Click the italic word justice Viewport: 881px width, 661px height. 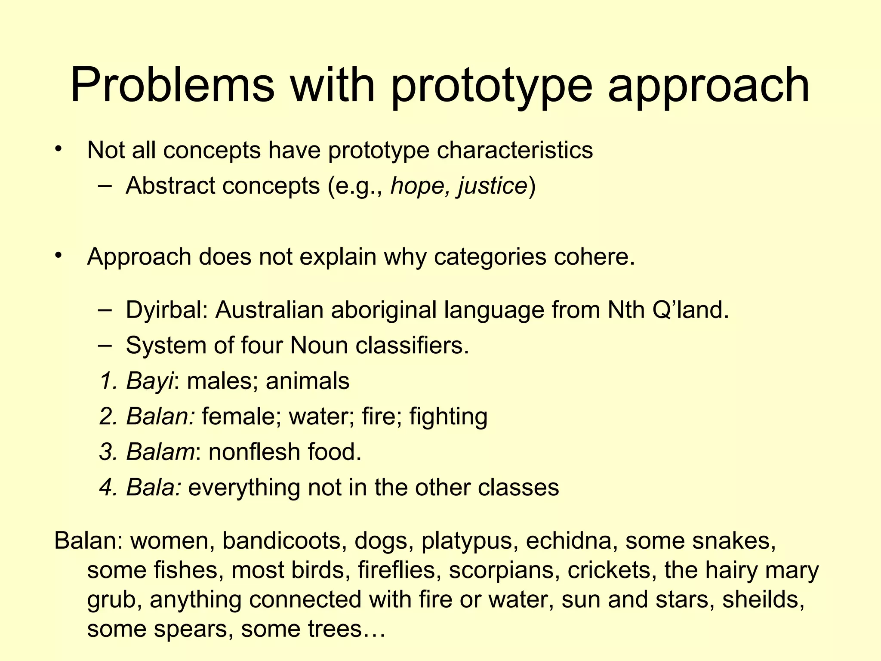(x=493, y=187)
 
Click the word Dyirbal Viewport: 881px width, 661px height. (x=167, y=310)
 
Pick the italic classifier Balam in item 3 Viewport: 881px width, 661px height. (x=160, y=452)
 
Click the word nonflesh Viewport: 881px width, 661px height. (x=254, y=452)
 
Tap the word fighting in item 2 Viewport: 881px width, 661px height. (x=448, y=417)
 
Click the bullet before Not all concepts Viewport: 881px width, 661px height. (x=59, y=149)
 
